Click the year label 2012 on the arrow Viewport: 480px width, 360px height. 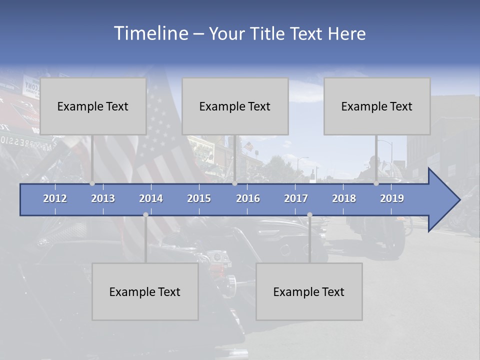click(x=55, y=198)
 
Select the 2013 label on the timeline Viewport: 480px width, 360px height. click(x=103, y=198)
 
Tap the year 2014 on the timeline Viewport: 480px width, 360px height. click(x=151, y=198)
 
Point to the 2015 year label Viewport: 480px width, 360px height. click(x=199, y=198)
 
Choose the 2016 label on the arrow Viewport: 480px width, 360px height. click(x=248, y=198)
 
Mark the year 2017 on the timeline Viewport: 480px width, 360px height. click(x=296, y=198)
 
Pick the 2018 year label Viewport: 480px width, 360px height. click(x=344, y=198)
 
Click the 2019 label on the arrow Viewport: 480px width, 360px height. click(x=392, y=198)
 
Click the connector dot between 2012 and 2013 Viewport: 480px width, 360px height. click(x=92, y=183)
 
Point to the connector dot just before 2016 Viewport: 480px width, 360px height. click(x=235, y=183)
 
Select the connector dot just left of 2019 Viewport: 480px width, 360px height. click(x=376, y=183)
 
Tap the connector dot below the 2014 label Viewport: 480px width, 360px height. click(x=145, y=215)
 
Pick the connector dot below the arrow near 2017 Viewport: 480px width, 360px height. click(x=309, y=215)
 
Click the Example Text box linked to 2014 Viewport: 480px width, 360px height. click(x=145, y=291)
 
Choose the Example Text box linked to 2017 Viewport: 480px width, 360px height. click(x=309, y=291)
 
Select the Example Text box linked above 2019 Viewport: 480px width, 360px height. click(x=377, y=106)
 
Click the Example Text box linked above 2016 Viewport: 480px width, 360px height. click(x=235, y=106)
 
